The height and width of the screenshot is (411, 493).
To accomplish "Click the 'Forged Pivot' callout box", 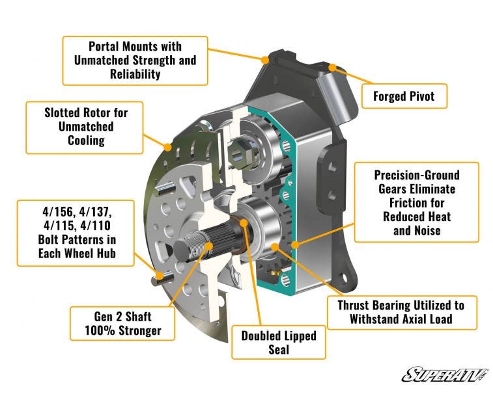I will (403, 98).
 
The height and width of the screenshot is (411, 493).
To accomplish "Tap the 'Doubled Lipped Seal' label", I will (279, 342).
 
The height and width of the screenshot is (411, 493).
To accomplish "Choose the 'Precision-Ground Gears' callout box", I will (417, 202).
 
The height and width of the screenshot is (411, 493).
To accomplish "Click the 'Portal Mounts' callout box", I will (135, 60).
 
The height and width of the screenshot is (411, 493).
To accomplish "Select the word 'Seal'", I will (279, 350).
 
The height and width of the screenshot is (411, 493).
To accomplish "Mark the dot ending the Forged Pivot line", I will (332, 67).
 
